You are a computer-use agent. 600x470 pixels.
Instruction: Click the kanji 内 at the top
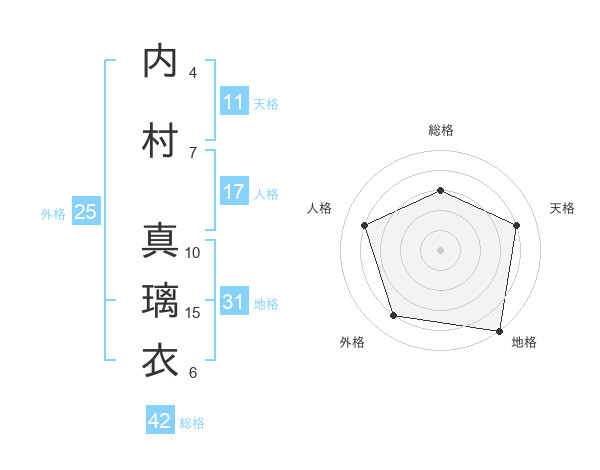click(x=161, y=62)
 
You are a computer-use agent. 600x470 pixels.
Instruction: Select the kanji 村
click(x=161, y=141)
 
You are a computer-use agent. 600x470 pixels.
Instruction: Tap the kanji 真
click(x=161, y=241)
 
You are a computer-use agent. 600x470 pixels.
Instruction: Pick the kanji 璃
click(x=161, y=301)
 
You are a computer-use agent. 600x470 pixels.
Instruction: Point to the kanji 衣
click(x=161, y=361)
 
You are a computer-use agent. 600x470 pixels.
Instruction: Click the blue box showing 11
click(x=234, y=102)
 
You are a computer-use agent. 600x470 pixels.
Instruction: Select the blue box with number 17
click(x=234, y=192)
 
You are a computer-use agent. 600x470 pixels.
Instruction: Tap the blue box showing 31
click(x=234, y=302)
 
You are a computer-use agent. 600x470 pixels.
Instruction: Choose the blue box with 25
click(x=85, y=212)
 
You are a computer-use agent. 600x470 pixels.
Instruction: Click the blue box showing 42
click(x=160, y=421)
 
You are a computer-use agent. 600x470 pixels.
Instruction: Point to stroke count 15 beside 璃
click(x=194, y=313)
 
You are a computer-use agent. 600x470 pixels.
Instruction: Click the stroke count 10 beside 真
click(x=194, y=253)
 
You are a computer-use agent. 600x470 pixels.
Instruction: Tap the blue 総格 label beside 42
click(x=193, y=423)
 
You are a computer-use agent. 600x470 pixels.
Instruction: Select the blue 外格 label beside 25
click(x=53, y=213)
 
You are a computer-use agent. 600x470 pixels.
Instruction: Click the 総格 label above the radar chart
click(x=441, y=130)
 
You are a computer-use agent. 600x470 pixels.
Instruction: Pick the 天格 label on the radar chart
click(x=562, y=208)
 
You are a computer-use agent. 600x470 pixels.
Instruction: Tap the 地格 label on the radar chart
click(x=524, y=342)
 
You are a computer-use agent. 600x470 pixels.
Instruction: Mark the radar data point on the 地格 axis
click(x=500, y=330)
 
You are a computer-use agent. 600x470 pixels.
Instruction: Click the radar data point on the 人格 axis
click(x=365, y=225)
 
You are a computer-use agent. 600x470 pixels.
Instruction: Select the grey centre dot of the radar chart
click(x=441, y=249)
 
